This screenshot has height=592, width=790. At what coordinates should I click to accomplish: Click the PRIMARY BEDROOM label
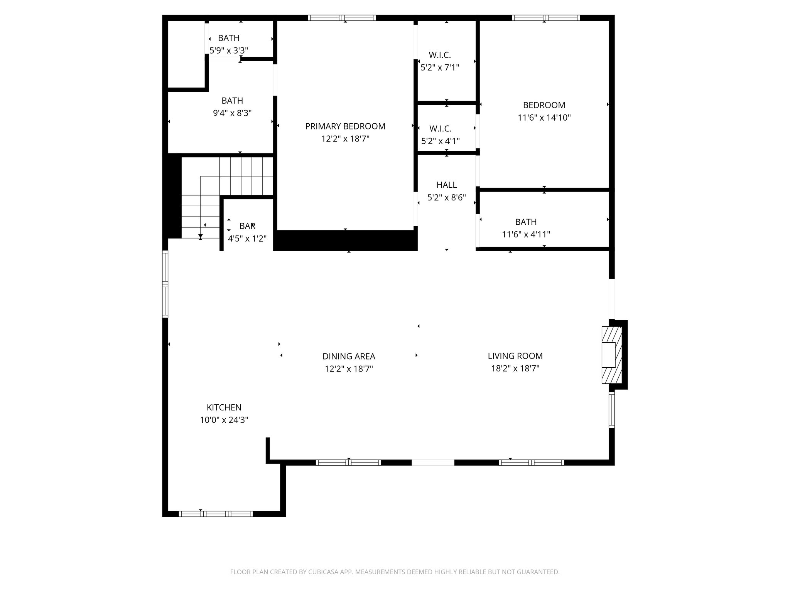pyautogui.click(x=345, y=126)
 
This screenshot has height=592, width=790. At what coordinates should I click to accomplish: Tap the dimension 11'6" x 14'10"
pyautogui.click(x=544, y=118)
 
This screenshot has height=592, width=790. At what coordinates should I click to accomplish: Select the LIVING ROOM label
pyautogui.click(x=515, y=356)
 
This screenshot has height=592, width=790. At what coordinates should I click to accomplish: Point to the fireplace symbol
pyautogui.click(x=612, y=355)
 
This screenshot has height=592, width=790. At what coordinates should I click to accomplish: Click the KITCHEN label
pyautogui.click(x=224, y=407)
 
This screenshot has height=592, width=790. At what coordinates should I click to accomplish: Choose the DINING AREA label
pyautogui.click(x=349, y=357)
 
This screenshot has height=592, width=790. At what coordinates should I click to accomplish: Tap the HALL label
pyautogui.click(x=447, y=185)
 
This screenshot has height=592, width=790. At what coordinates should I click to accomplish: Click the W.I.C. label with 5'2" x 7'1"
pyautogui.click(x=440, y=55)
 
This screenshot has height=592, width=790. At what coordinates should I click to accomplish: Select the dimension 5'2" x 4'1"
pyautogui.click(x=441, y=141)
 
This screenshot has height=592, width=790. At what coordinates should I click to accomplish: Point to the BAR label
pyautogui.click(x=247, y=226)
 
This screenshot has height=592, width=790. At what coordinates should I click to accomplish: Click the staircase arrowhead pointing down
pyautogui.click(x=201, y=236)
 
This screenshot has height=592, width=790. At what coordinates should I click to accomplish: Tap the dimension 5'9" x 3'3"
pyautogui.click(x=229, y=50)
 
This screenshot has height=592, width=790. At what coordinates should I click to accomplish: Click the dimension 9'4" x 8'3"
pyautogui.click(x=232, y=113)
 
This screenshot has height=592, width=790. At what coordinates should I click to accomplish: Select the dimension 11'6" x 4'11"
pyautogui.click(x=526, y=234)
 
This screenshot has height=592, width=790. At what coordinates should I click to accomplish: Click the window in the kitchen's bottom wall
pyautogui.click(x=216, y=513)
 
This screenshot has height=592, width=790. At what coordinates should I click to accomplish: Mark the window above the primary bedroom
pyautogui.click(x=342, y=18)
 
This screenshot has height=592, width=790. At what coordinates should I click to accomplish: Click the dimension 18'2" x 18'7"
pyautogui.click(x=515, y=368)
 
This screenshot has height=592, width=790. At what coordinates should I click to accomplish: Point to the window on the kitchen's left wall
pyautogui.click(x=165, y=284)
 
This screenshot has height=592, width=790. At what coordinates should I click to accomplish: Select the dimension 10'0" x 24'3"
pyautogui.click(x=224, y=420)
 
